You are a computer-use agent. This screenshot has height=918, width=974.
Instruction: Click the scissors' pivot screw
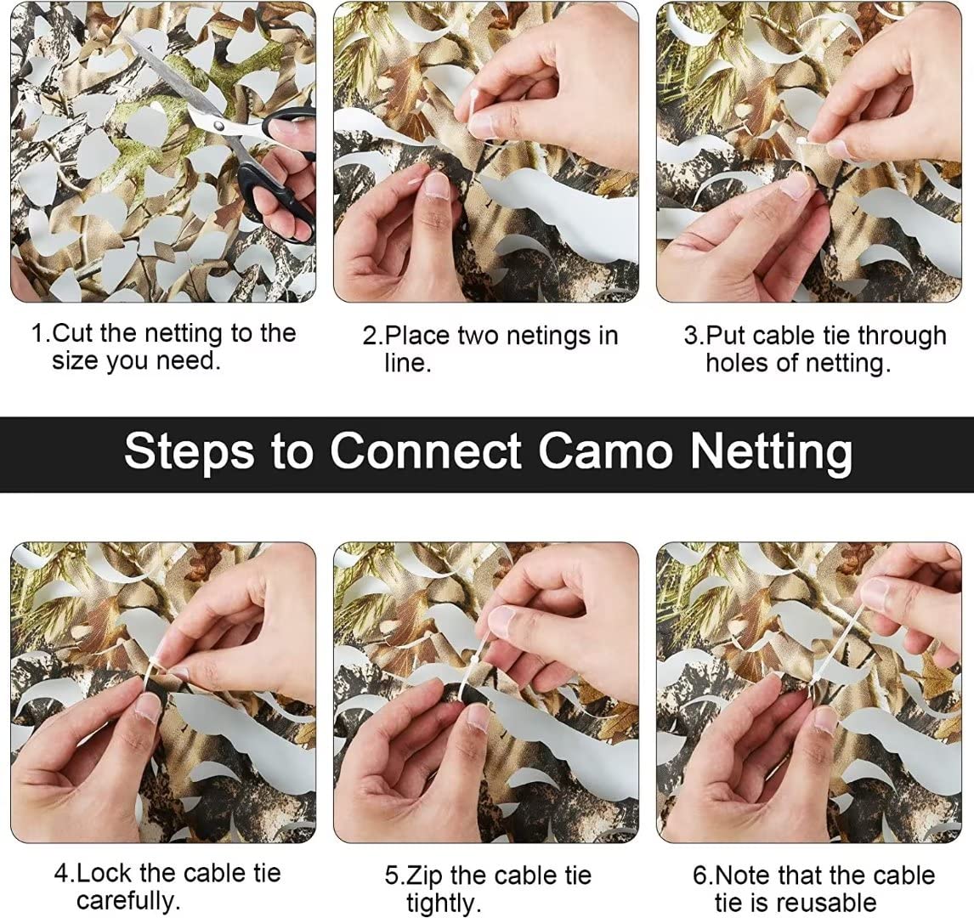click(218, 125)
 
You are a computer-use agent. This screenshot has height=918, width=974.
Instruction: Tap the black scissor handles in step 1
click(283, 167)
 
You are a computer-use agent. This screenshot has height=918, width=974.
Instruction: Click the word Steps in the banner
click(189, 451)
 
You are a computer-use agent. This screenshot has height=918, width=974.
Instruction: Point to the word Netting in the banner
click(771, 453)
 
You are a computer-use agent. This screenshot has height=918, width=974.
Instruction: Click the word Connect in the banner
click(426, 451)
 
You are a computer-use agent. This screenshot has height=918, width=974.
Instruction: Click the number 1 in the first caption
click(38, 333)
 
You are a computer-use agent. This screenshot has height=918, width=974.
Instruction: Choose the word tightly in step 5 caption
click(444, 903)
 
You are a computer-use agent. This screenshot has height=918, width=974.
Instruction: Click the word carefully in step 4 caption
click(128, 901)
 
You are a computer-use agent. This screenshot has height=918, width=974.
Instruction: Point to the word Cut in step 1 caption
click(73, 333)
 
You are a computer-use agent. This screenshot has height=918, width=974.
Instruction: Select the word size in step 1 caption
click(75, 361)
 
